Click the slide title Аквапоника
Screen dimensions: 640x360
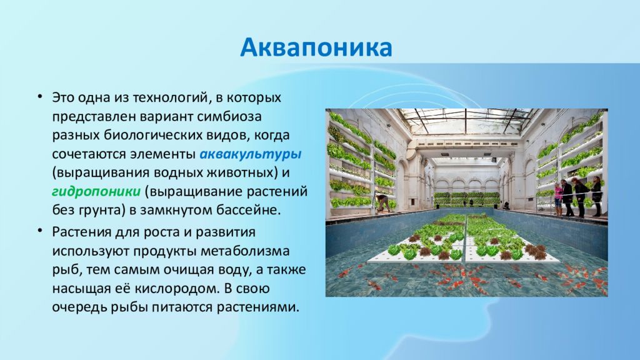click(x=316, y=47)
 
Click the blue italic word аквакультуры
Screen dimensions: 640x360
click(x=251, y=154)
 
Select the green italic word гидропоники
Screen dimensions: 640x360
click(x=96, y=191)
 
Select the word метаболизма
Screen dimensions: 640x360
click(x=245, y=251)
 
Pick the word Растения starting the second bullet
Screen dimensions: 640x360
click(x=81, y=232)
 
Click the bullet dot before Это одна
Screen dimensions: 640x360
click(x=39, y=97)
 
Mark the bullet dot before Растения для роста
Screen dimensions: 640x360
click(x=39, y=231)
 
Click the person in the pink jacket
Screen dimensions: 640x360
click(x=558, y=199)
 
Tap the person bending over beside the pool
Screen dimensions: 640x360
click(x=382, y=203)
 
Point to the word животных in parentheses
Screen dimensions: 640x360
click(x=241, y=172)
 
